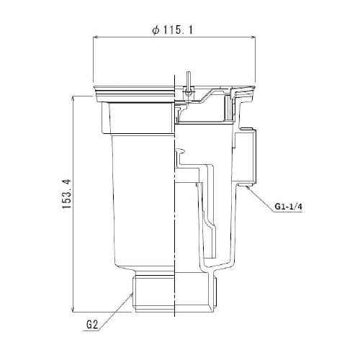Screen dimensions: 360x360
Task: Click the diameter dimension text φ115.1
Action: [174, 31]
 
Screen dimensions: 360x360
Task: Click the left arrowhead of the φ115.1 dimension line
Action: [96, 40]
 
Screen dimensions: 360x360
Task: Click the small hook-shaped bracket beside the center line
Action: [181, 154]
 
